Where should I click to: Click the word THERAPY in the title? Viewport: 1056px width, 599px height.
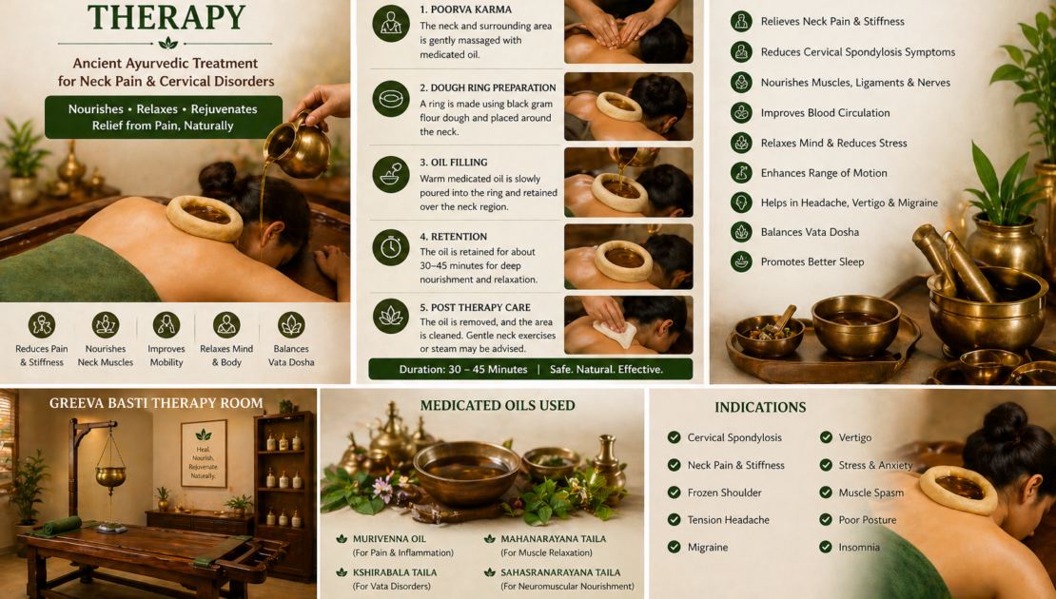pyautogui.click(x=166, y=17)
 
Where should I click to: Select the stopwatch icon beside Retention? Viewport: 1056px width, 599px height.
pyautogui.click(x=391, y=247)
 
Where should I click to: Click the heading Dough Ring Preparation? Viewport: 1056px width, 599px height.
pyautogui.click(x=488, y=87)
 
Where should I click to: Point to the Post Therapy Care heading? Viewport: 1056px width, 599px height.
pyautogui.click(x=475, y=307)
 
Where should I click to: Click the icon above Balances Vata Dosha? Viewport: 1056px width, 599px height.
pyautogui.click(x=291, y=325)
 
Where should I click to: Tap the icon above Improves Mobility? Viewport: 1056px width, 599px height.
pyautogui.click(x=166, y=325)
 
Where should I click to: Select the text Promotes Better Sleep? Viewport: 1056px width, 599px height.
pyautogui.click(x=812, y=261)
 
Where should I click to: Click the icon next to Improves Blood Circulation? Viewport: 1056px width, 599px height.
pyautogui.click(x=741, y=112)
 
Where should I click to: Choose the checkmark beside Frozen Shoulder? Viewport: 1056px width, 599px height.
pyautogui.click(x=674, y=493)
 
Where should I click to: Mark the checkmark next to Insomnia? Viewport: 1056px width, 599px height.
pyautogui.click(x=826, y=547)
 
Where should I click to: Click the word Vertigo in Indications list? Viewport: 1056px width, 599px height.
pyautogui.click(x=854, y=437)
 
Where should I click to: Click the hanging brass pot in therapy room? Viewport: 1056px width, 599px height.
pyautogui.click(x=110, y=475)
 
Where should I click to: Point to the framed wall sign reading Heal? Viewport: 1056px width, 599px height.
pyautogui.click(x=204, y=453)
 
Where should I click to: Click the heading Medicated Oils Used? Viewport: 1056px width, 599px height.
pyautogui.click(x=498, y=406)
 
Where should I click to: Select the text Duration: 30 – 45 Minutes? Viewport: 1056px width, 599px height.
pyautogui.click(x=463, y=370)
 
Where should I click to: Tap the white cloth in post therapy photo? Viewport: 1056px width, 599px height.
pyautogui.click(x=615, y=333)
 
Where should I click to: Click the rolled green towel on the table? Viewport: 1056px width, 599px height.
pyautogui.click(x=62, y=526)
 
